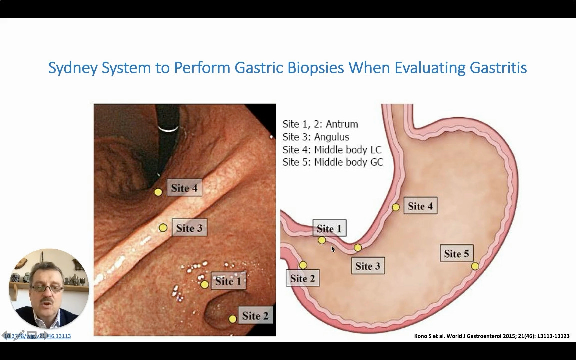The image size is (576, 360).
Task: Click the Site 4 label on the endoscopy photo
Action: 184,188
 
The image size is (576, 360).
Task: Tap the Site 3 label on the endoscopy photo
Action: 189,228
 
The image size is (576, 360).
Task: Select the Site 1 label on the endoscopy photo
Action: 228,281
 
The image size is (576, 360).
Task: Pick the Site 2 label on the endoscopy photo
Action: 255,316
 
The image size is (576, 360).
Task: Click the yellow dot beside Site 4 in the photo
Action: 158,192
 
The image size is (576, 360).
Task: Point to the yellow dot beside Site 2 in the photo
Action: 232,319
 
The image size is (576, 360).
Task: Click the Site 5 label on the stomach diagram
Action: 456,254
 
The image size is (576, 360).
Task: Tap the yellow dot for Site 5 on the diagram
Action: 475,266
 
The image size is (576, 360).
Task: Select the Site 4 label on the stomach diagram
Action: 420,206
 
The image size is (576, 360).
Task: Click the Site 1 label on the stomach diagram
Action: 329,229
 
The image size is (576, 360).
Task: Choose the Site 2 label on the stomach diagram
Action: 302,278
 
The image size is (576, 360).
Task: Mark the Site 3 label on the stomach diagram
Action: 367,266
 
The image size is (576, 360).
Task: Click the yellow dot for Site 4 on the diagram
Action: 396,207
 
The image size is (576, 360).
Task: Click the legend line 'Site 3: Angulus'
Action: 316,137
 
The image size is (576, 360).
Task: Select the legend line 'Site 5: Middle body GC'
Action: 332,162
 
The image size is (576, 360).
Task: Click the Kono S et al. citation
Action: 492,336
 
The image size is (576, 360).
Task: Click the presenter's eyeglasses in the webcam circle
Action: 47,288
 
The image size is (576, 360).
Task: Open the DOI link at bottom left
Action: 38,336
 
